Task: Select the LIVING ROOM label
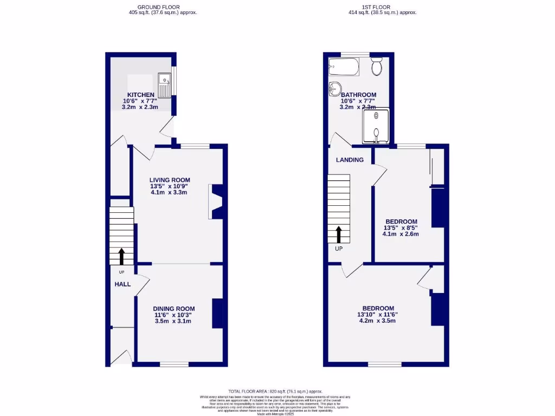[170, 180]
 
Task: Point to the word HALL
[122, 284]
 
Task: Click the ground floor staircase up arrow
[121, 256]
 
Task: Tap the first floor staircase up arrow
[339, 235]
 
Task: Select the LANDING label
[350, 160]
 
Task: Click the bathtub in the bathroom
[343, 67]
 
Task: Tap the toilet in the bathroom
[377, 67]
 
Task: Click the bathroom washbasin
[334, 87]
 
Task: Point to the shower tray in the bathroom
[376, 126]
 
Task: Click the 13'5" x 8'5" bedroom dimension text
[401, 228]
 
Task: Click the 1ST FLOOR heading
[383, 7]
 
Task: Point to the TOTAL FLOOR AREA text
[275, 391]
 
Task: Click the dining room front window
[174, 364]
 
